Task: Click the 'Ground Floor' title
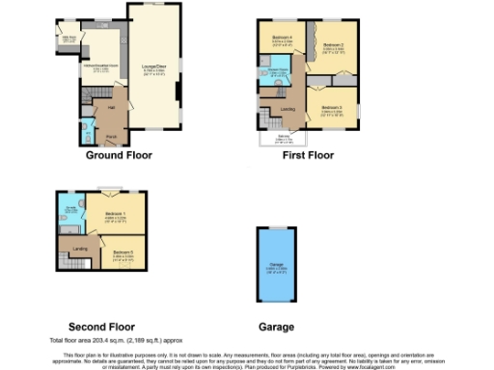point(120,155)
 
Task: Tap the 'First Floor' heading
point(307,155)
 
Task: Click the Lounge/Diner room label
point(154,67)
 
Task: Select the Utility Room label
point(69,40)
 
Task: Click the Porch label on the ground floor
point(111,136)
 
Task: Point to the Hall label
point(111,107)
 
